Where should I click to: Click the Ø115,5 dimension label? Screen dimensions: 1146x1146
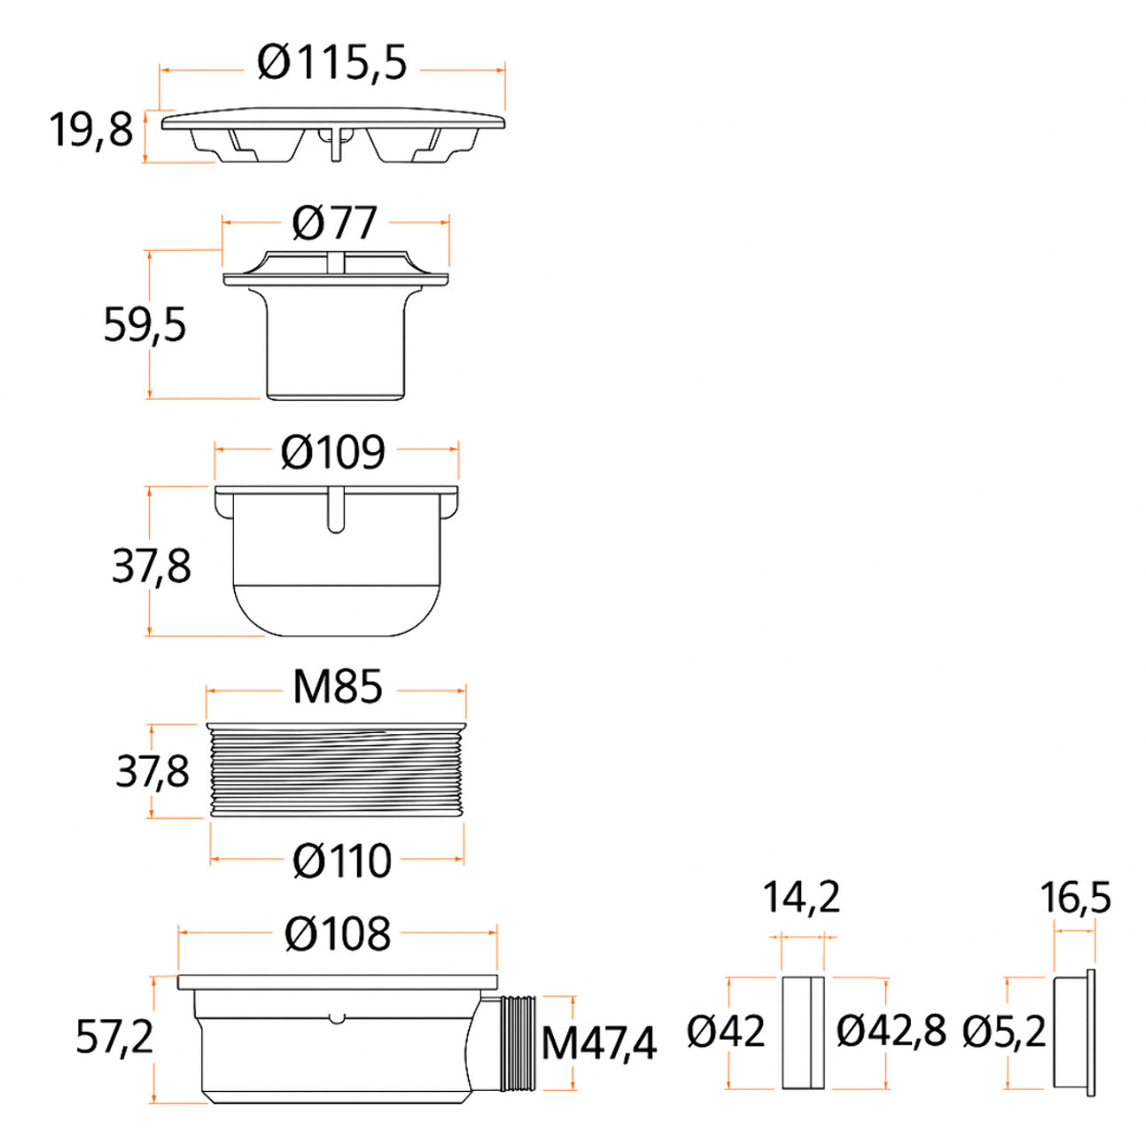[331, 63]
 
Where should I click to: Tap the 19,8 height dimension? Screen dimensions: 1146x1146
[91, 130]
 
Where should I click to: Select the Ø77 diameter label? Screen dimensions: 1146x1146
[335, 223]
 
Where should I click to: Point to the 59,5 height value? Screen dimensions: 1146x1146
[144, 324]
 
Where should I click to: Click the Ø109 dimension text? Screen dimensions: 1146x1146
[333, 452]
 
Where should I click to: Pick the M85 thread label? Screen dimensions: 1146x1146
[337, 687]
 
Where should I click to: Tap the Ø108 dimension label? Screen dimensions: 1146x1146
[337, 933]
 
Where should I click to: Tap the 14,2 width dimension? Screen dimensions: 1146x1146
[801, 898]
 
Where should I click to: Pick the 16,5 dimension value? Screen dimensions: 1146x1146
[1075, 898]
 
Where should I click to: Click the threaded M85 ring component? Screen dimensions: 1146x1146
[337, 771]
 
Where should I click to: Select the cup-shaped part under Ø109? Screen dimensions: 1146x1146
[337, 560]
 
